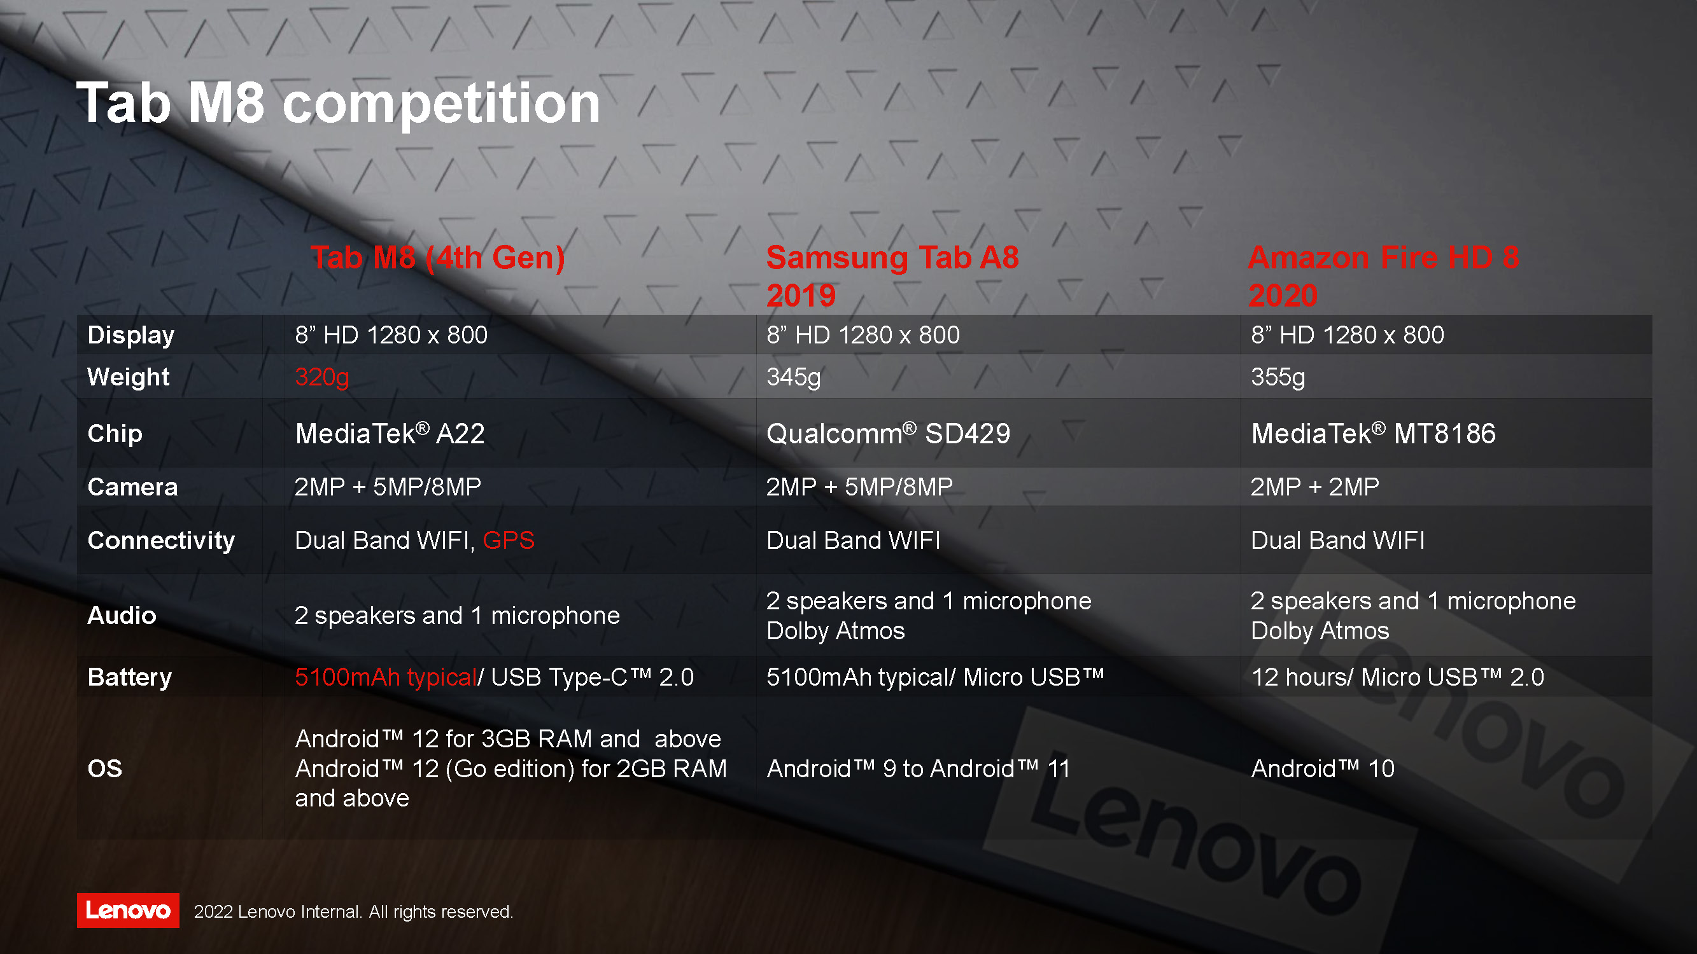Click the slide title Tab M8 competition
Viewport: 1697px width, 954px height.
(338, 104)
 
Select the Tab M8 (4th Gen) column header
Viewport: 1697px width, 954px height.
(437, 258)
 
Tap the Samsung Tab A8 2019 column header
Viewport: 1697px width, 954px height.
(892, 276)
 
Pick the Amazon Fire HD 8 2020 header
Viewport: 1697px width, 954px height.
(1383, 276)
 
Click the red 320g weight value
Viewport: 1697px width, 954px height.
(321, 377)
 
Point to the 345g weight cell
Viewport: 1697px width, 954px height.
(793, 377)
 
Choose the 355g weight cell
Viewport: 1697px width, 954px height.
(1278, 377)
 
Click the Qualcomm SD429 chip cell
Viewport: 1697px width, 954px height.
(888, 433)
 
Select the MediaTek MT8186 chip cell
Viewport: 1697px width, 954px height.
(1373, 433)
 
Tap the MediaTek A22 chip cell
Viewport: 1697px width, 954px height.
(390, 433)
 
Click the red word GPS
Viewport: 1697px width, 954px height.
(508, 541)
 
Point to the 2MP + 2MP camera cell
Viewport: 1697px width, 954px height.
(1314, 487)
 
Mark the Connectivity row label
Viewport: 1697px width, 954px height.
(161, 541)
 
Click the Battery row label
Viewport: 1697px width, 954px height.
(129, 677)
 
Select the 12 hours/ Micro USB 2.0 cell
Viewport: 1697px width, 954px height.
(1397, 677)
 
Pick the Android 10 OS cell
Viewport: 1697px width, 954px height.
(1322, 768)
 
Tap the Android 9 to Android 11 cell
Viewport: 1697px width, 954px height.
(918, 768)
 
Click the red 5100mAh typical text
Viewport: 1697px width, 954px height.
(385, 677)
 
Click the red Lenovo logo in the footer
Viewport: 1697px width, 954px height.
(128, 911)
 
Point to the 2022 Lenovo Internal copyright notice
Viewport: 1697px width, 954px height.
(353, 912)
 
